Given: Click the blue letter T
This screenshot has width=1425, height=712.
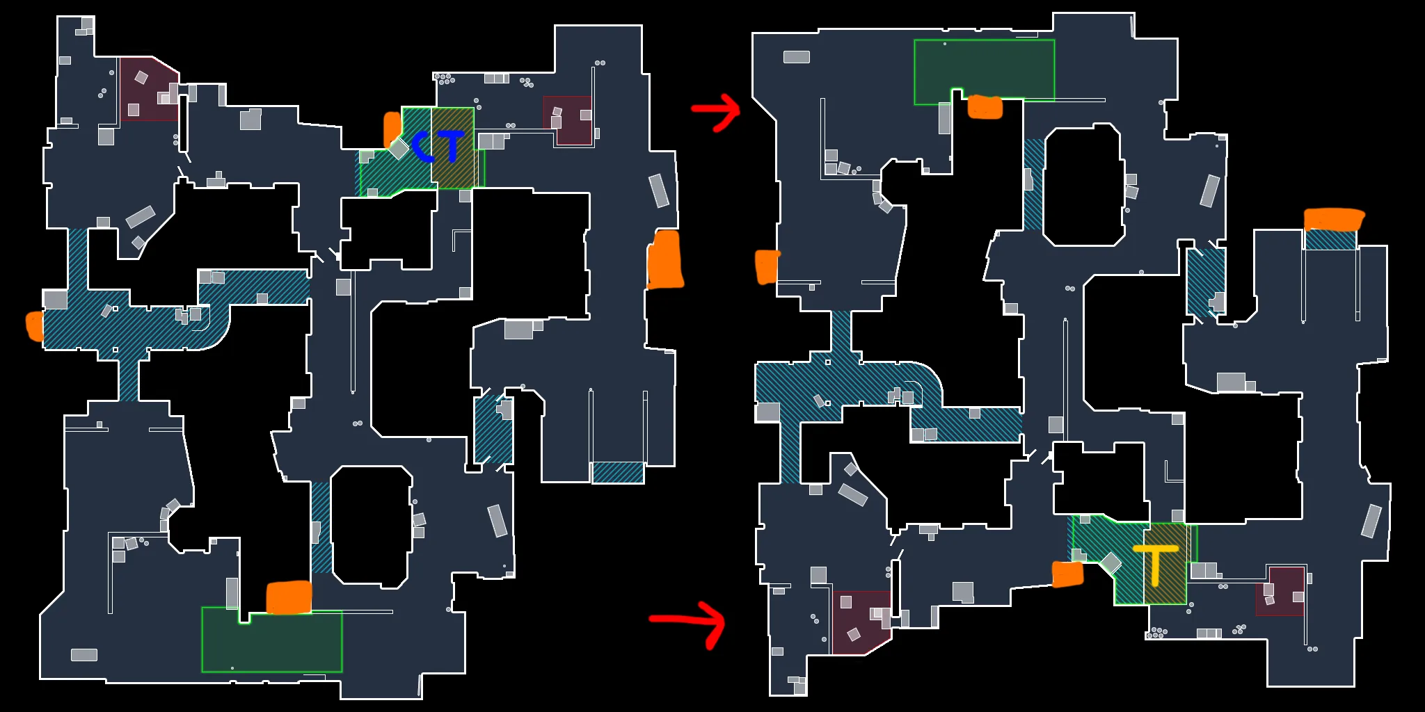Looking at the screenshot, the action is point(451,145).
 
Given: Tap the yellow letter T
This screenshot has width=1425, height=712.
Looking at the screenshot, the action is point(1156,564).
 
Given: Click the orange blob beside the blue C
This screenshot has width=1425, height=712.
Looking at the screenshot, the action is point(392,130).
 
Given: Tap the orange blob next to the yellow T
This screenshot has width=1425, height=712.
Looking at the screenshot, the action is point(1067,574).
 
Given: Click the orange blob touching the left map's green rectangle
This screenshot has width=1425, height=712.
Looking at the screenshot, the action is point(289,598).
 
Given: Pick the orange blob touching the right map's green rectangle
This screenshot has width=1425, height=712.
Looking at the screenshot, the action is point(985,107).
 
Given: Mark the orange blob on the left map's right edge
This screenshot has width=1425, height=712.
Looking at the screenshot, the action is point(665,259).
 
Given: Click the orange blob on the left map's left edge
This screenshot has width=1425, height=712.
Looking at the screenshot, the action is point(35,326).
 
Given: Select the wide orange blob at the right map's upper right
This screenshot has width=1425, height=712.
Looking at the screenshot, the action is point(1334,220).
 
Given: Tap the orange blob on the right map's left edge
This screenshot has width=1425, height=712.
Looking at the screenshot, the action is point(767,267).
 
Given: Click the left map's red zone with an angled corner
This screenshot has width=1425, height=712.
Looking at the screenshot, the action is point(149,89).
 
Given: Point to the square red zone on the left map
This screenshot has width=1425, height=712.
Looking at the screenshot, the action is point(568,120).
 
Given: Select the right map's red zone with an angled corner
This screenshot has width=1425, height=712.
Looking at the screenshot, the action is point(861,623).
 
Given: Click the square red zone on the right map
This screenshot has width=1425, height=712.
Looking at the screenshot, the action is point(1280,591).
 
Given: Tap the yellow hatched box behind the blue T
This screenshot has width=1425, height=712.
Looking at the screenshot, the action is point(453,147).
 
